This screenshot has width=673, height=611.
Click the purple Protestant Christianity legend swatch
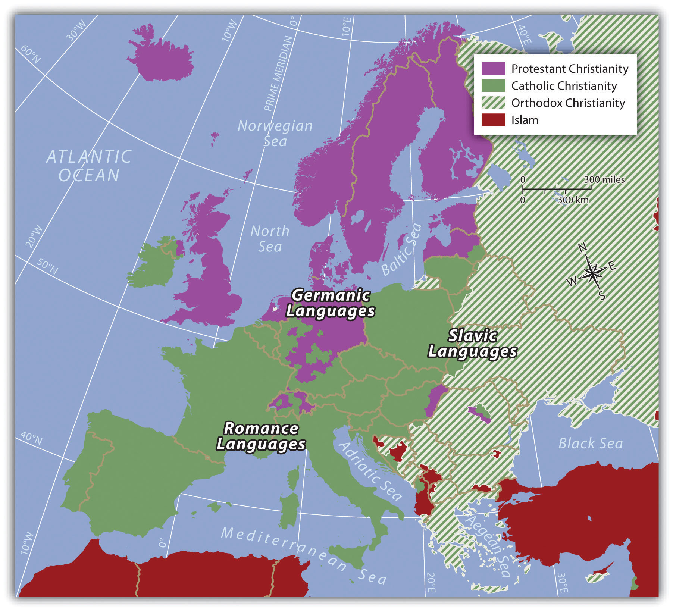493,69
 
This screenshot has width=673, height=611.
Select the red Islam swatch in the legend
493,120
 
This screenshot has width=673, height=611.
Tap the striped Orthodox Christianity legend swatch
493,103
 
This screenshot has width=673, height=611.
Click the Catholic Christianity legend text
564,86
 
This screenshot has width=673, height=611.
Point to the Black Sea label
590,444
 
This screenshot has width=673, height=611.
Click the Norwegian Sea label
275,134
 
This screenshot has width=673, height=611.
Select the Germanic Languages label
331,303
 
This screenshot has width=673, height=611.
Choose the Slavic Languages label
472,344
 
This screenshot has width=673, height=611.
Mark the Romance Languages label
261,436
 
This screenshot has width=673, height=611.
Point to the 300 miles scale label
604,179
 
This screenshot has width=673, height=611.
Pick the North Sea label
270,239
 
